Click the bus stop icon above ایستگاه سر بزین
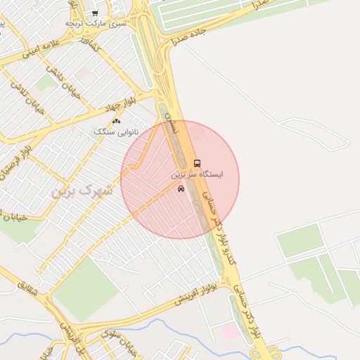(196, 162)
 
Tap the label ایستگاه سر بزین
(197, 174)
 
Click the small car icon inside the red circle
(181, 188)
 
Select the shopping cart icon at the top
(95, 13)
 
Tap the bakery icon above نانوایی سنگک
(116, 121)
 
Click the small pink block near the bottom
(230, 330)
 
